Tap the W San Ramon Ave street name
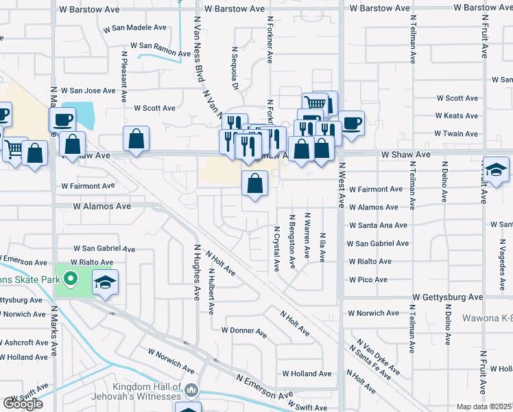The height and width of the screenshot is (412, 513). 165,49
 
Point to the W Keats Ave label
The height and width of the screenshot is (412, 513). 457,116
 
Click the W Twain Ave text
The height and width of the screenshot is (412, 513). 457,134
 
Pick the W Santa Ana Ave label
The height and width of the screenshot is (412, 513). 378,225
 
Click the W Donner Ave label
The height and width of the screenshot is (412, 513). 243,331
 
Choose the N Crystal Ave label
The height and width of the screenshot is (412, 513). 277,249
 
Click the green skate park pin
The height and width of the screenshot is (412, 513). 69,279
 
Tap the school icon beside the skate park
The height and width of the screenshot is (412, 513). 105,282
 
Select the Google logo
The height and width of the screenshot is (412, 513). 23,404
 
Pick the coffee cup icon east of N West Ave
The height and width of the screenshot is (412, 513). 351,124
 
